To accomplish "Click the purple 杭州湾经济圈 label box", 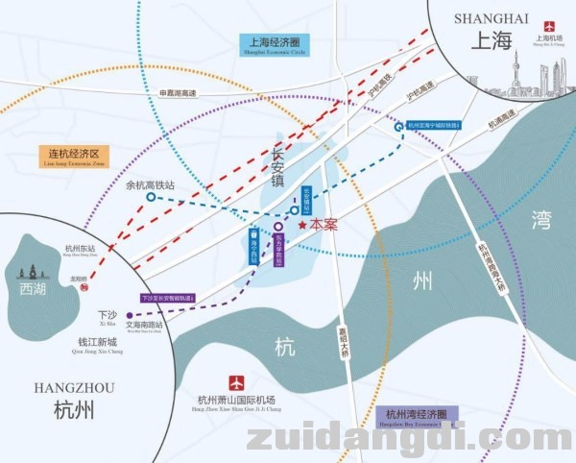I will tap(416, 415).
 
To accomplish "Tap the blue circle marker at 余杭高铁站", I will tap(151, 197).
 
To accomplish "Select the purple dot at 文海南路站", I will tap(130, 314).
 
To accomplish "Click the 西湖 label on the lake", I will tap(32, 286).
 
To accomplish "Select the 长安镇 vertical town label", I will tap(278, 169).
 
